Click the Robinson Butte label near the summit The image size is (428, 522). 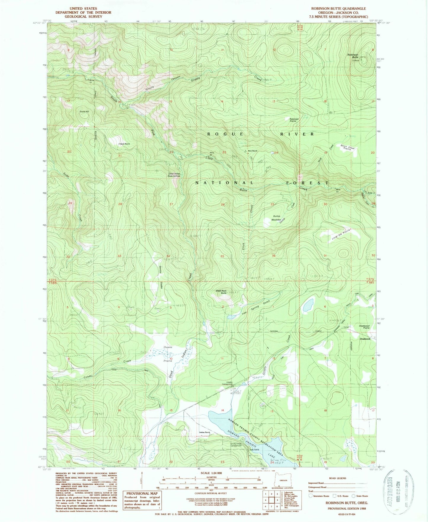pos(353,56)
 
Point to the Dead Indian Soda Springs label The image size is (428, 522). pos(174,175)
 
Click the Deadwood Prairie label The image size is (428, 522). pos(364,327)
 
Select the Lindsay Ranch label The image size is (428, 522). pos(204,432)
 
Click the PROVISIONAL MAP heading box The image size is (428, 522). pos(142,493)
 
